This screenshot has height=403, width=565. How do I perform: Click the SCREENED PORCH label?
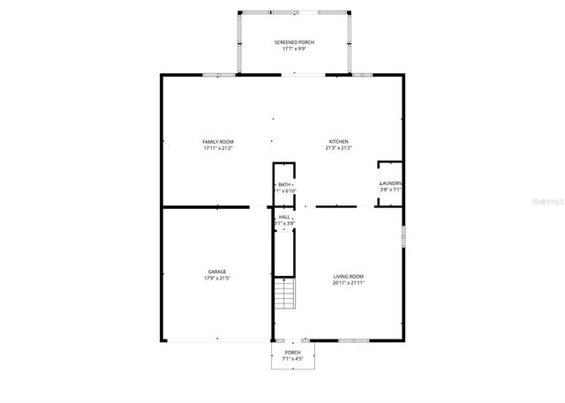pyautogui.click(x=294, y=42)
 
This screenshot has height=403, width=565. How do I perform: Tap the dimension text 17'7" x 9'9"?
pyautogui.click(x=294, y=49)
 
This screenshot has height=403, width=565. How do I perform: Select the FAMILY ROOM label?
pyautogui.click(x=217, y=142)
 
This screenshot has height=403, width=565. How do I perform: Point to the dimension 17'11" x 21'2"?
pyautogui.click(x=217, y=148)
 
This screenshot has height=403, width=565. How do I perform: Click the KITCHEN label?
pyautogui.click(x=339, y=142)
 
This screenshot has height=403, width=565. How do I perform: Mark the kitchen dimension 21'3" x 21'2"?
pyautogui.click(x=339, y=148)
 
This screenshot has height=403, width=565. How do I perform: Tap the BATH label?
pyautogui.click(x=283, y=184)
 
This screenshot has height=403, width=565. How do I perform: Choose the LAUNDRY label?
pyautogui.click(x=390, y=183)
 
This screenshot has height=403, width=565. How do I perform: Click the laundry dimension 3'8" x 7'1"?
pyautogui.click(x=390, y=190)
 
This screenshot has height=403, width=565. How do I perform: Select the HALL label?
pyautogui.click(x=284, y=217)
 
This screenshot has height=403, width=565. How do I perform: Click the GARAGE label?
pyautogui.click(x=217, y=272)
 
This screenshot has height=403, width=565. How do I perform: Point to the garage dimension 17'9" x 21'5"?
pyautogui.click(x=217, y=278)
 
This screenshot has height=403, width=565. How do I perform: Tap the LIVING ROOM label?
pyautogui.click(x=348, y=276)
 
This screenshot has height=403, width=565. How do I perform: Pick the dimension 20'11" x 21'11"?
pyautogui.click(x=348, y=282)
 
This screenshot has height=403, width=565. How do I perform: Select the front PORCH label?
pyautogui.click(x=292, y=352)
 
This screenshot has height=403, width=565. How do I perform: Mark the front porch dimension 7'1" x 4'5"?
pyautogui.click(x=292, y=358)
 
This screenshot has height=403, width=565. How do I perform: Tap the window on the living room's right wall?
pyautogui.click(x=403, y=238)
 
